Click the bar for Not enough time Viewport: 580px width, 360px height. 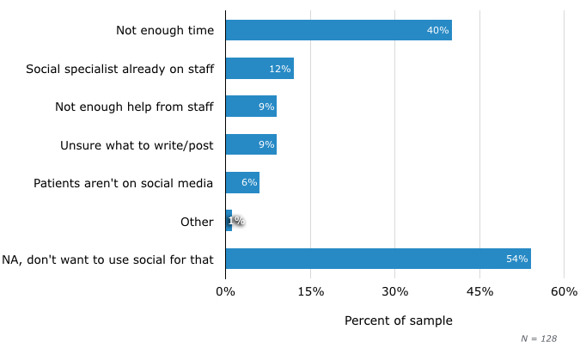[339, 30]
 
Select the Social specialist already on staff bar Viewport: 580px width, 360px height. [259, 69]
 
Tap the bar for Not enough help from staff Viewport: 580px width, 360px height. [251, 107]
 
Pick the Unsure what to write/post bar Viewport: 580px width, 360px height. [251, 144]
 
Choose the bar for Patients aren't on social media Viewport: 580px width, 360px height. [242, 182]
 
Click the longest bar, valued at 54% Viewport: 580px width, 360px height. [378, 259]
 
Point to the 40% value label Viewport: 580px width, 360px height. [437, 31]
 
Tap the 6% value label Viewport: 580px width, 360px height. [249, 183]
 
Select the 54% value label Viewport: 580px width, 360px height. [516, 259]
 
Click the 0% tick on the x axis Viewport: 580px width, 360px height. [225, 292]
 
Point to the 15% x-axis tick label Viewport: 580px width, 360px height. [310, 292]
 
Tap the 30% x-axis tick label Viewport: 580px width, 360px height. [395, 292]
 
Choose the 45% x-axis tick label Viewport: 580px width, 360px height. [479, 292]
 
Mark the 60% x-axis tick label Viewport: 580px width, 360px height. [564, 292]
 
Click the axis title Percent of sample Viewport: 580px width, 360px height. [398, 320]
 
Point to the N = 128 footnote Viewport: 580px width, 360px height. [539, 339]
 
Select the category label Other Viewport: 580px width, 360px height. [197, 222]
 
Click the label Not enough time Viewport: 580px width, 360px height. [164, 31]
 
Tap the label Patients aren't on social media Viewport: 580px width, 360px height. [123, 183]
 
